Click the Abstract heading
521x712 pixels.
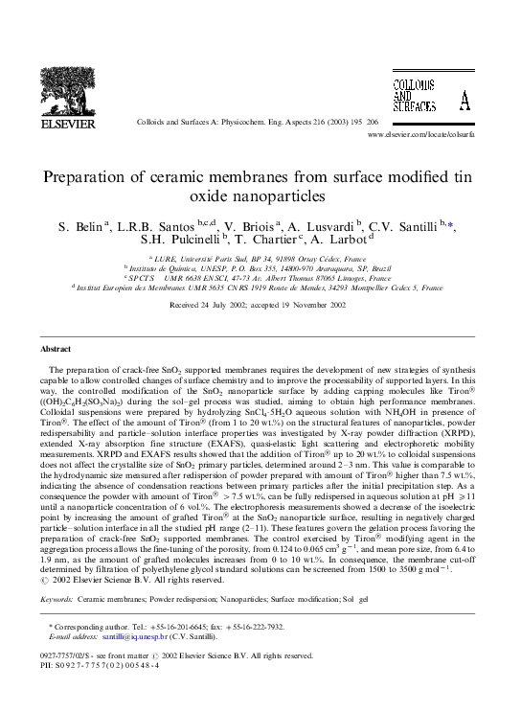[x=57, y=349]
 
